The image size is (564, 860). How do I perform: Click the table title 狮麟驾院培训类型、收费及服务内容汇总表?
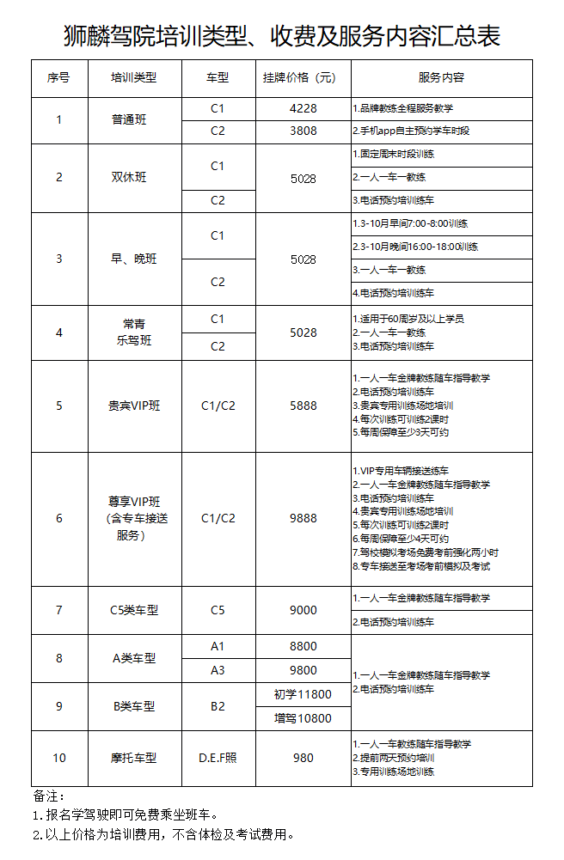pos(282,36)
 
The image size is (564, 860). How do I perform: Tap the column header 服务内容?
pos(441,78)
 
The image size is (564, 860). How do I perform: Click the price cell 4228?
pos(303,109)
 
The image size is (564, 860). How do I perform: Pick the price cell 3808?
pos(303,131)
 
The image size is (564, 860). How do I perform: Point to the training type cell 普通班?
pos(129,120)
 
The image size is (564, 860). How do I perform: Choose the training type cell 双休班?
pos(129,178)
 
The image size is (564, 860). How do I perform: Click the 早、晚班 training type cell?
pos(129,259)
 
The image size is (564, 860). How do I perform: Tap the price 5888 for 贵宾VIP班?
pos(303,406)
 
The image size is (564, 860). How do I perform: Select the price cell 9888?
pos(303,518)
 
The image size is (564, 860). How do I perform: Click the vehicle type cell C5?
pos(218,610)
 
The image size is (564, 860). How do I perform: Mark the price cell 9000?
pos(303,610)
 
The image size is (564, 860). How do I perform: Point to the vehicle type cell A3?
pos(218,670)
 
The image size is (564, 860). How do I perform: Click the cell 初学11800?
pos(303,694)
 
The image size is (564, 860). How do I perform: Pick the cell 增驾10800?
pos(303,717)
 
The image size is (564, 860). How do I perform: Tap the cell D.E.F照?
pos(218,758)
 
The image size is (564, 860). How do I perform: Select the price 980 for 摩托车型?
pos(303,758)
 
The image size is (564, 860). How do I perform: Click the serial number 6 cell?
pos(59,518)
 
